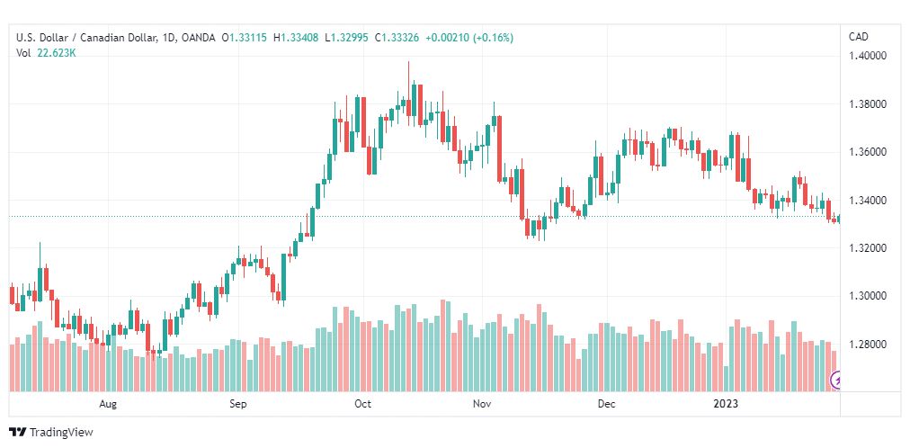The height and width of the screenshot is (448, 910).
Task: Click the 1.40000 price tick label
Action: [x=869, y=56]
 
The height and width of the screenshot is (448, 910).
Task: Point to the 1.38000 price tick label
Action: [x=869, y=104]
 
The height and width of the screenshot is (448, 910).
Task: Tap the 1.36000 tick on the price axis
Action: [x=869, y=152]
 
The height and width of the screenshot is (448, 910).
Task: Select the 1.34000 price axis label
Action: [x=869, y=200]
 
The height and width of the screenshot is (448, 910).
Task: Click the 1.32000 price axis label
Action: [x=869, y=248]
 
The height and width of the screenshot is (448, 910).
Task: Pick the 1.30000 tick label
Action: [x=869, y=296]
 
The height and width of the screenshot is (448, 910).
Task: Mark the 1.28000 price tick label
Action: [x=869, y=345]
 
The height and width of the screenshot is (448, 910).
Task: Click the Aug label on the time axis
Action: [x=109, y=404]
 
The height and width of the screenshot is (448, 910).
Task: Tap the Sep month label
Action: [x=238, y=404]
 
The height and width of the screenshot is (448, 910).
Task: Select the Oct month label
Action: [x=362, y=404]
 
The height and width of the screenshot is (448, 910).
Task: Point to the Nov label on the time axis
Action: [x=483, y=404]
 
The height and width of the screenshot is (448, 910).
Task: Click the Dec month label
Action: [x=606, y=404]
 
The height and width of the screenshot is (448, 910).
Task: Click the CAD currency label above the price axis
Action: [x=859, y=37]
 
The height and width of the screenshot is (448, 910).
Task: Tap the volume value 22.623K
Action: [x=56, y=52]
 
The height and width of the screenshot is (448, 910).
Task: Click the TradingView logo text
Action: [x=60, y=433]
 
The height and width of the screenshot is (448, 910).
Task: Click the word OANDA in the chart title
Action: [x=198, y=38]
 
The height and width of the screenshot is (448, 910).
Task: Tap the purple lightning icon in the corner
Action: [x=838, y=381]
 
